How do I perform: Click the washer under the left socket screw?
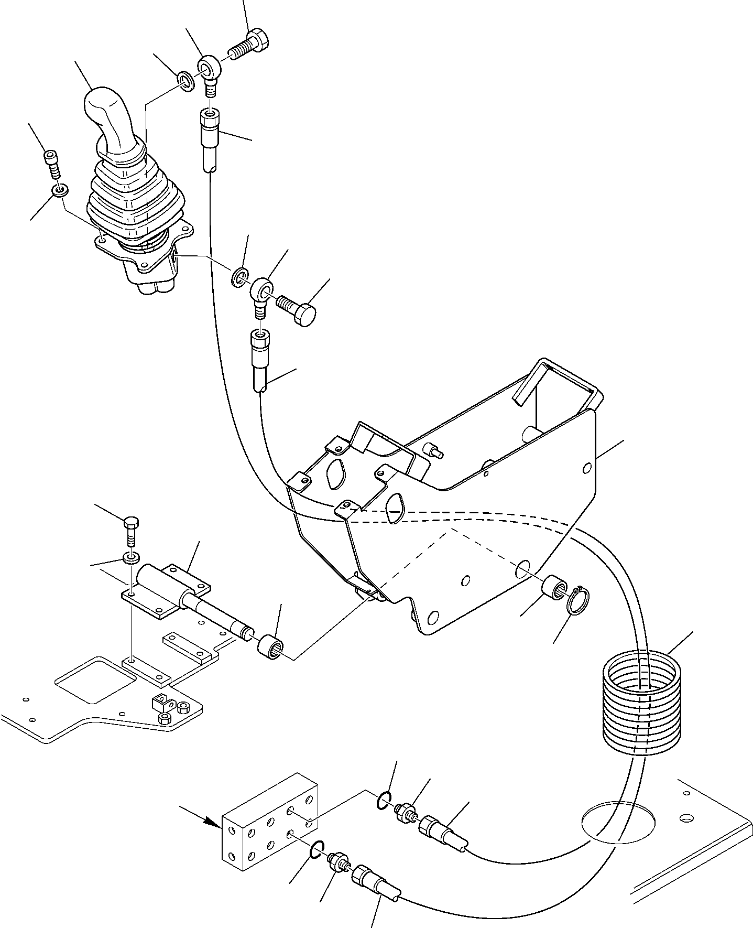[x=59, y=190]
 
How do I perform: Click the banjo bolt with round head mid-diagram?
[x=297, y=310]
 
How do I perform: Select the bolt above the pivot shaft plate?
[x=131, y=530]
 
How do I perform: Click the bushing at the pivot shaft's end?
[x=270, y=648]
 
